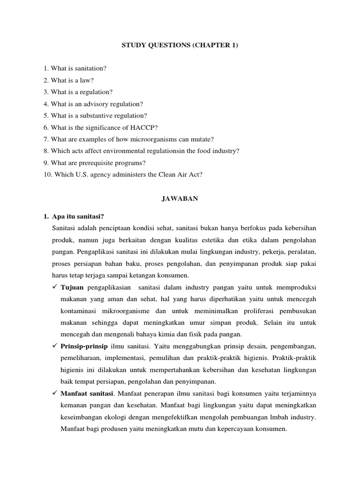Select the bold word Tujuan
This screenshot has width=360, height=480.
pos(72,286)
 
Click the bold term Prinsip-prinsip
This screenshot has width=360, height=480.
pos(84,346)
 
